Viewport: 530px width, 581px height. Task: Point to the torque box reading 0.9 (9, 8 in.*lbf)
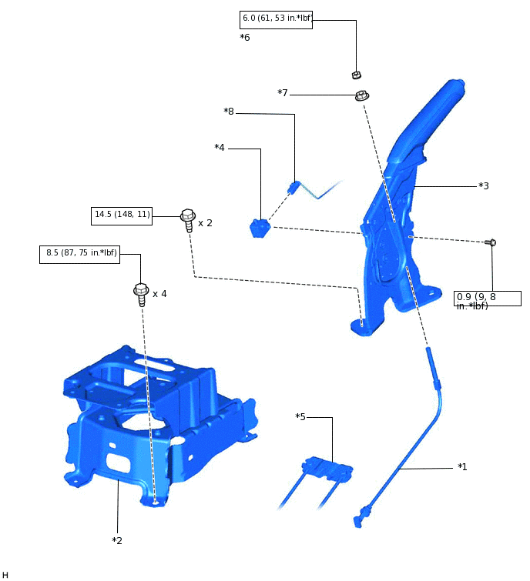[487, 299]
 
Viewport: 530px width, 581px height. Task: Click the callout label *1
[462, 467]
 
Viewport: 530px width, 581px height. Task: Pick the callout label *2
[117, 541]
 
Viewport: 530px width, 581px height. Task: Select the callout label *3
[245, 37]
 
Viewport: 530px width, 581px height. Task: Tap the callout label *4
[283, 93]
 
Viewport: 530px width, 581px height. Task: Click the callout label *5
[229, 112]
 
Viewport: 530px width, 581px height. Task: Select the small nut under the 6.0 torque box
[357, 75]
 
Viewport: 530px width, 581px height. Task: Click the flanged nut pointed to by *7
[361, 96]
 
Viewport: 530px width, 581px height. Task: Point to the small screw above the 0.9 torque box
[491, 242]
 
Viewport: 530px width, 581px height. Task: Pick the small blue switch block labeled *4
[260, 229]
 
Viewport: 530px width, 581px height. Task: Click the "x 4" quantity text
[159, 294]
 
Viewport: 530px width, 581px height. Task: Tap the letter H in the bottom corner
[5, 575]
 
